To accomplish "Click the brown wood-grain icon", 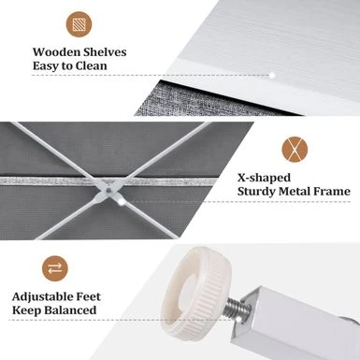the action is pyautogui.click(x=79, y=24).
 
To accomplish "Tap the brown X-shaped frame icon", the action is pyautogui.click(x=295, y=150).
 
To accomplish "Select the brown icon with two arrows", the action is pyautogui.click(x=55, y=268).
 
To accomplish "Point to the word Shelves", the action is pyautogui.click(x=102, y=52).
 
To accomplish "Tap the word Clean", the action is pyautogui.click(x=92, y=66).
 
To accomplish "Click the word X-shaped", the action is pyautogui.click(x=264, y=179).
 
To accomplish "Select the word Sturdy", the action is pyautogui.click(x=256, y=192).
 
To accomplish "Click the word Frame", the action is pyautogui.click(x=332, y=191).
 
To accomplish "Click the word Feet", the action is pyautogui.click(x=89, y=296).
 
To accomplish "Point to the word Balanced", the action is pyautogui.click(x=70, y=310).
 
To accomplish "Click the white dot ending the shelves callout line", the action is pyautogui.click(x=272, y=75).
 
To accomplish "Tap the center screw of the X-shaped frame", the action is pyautogui.click(x=108, y=189).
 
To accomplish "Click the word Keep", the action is pyautogui.click(x=27, y=310).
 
